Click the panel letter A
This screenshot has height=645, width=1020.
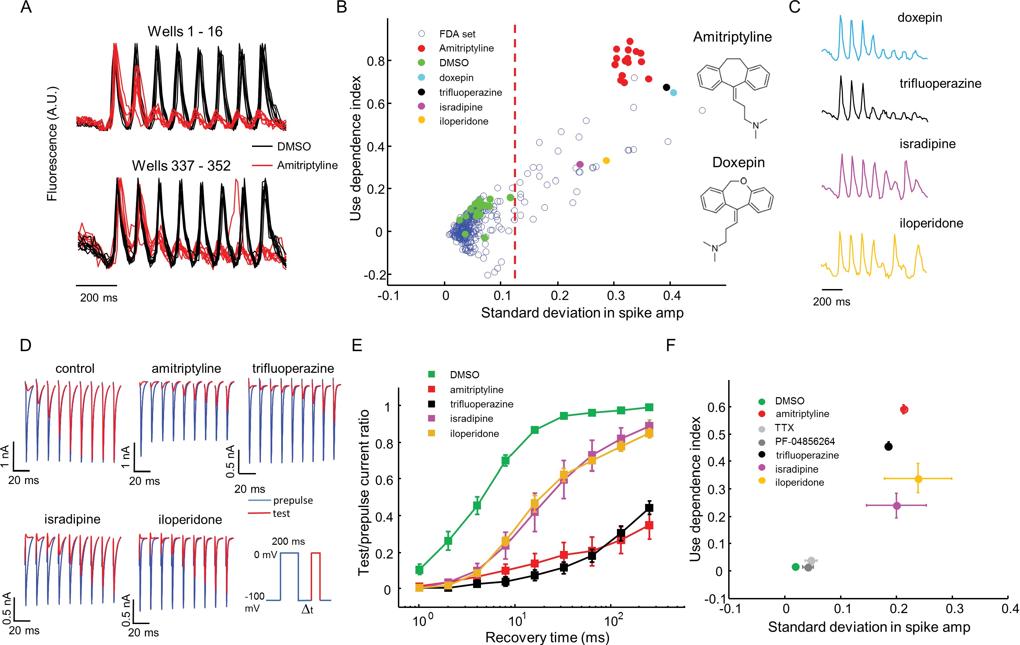point(26,8)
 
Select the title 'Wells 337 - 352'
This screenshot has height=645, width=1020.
point(181,165)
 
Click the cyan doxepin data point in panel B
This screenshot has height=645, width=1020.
point(674,93)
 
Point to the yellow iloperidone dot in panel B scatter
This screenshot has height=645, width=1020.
point(606,161)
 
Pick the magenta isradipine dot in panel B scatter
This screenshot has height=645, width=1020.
point(580,164)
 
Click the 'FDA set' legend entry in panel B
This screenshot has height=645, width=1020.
point(457,34)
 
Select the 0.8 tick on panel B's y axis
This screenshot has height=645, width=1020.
point(375,61)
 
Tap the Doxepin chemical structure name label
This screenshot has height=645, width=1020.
point(738,163)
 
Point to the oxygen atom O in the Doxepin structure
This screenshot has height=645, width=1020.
point(743,181)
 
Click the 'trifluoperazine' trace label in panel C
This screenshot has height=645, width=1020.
point(940,83)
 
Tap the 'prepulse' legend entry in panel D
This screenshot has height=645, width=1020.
point(293,500)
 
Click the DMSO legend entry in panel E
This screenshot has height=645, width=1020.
point(464,375)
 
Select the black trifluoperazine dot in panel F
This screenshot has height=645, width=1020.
point(888,446)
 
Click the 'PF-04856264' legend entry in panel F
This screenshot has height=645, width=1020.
point(804,441)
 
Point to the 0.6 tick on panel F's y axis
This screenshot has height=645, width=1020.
point(716,407)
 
